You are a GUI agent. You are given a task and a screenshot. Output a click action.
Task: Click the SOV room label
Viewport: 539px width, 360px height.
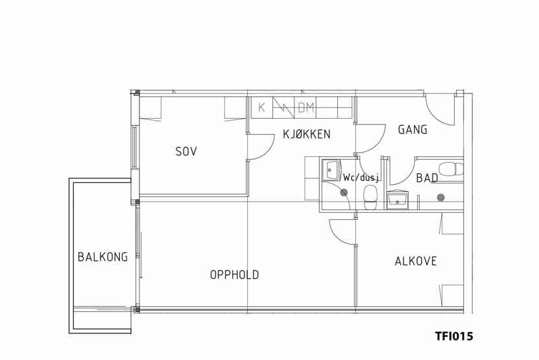186,151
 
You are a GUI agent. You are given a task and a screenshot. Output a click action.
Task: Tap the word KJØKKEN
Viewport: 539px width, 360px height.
307,134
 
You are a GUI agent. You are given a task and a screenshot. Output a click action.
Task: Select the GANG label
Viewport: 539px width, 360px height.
413,130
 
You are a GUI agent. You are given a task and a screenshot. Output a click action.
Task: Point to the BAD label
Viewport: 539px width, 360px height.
427,178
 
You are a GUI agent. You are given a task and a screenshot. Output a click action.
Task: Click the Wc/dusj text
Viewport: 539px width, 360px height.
361,178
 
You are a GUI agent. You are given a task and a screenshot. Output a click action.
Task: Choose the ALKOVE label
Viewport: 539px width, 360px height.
416,261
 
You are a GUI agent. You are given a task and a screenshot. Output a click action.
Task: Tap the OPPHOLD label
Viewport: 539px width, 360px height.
234,275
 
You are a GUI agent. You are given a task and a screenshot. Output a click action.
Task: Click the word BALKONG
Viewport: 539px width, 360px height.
102,257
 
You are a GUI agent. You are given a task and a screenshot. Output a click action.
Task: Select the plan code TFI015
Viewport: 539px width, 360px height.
454,335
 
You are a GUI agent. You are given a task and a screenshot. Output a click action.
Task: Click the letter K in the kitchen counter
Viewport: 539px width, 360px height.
261,108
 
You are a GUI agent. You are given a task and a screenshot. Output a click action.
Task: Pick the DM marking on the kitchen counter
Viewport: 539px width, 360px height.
306,108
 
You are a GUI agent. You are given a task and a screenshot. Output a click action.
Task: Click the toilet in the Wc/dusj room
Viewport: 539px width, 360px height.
370,197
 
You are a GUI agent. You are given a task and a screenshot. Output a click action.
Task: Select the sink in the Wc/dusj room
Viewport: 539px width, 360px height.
331,169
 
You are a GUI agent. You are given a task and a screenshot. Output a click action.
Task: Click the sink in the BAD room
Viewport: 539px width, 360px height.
398,199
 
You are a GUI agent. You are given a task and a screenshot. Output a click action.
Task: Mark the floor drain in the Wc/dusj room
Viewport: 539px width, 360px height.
344,193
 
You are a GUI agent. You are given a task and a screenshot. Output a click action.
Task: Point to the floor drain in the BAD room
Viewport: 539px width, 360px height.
440,197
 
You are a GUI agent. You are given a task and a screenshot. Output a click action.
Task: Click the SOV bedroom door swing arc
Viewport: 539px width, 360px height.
267,150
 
